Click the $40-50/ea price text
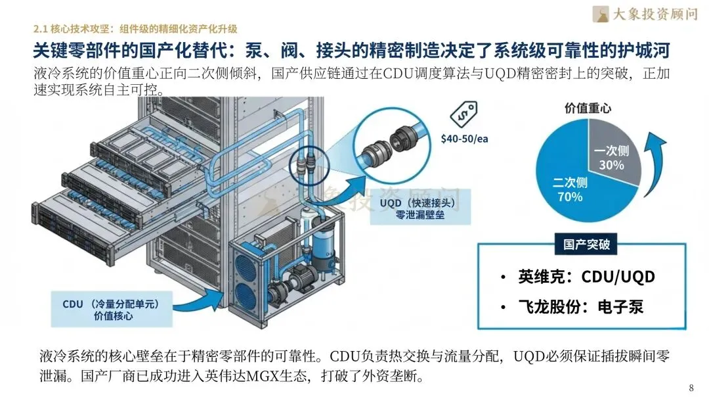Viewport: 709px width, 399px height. [464, 139]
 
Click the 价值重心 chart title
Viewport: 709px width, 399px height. [588, 108]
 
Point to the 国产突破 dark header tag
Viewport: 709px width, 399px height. [586, 245]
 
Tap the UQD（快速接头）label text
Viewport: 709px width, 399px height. [417, 202]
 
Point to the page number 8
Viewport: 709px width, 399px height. [691, 387]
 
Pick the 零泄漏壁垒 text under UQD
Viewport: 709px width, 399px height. [417, 215]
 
